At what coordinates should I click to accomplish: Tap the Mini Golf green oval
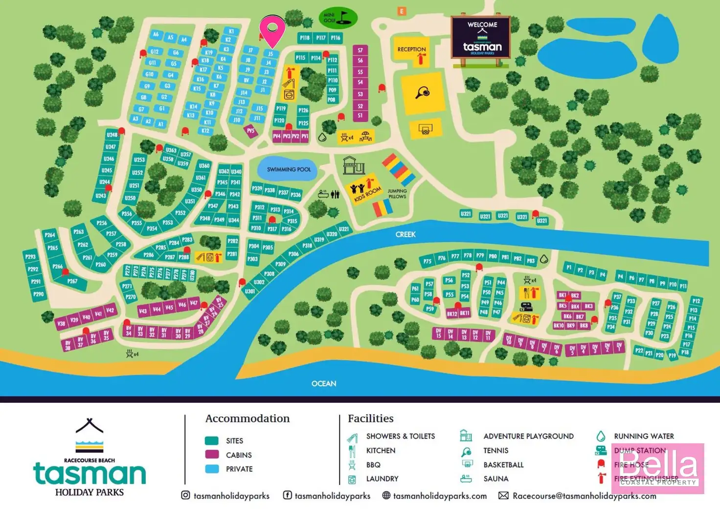337,18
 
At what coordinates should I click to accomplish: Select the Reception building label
411,49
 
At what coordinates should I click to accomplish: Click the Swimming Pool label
289,169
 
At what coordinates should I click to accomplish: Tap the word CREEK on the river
405,234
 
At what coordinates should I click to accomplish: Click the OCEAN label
324,383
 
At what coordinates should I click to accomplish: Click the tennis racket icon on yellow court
423,92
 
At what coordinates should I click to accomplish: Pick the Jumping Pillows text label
397,194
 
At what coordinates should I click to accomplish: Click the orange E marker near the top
402,11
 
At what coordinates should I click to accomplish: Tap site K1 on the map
231,31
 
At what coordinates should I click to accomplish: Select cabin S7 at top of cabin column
360,50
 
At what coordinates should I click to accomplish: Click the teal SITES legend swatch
212,440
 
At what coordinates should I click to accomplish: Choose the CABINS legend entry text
239,455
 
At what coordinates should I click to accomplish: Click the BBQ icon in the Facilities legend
352,464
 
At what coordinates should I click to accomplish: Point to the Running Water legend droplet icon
601,436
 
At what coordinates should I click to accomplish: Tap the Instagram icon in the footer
185,495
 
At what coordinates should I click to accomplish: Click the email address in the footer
584,496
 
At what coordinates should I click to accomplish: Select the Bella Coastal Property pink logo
658,468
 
